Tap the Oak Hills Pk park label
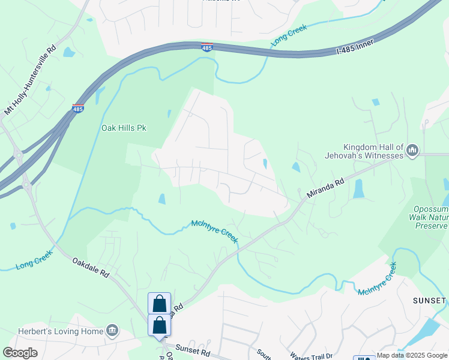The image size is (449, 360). coord(124,128)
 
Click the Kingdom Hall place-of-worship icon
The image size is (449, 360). coord(412,150)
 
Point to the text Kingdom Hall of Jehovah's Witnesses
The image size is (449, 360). coord(373,151)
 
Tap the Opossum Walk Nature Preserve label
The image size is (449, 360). coord(429,217)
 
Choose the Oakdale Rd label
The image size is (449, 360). coord(91,267)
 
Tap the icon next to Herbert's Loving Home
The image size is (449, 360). coord(112,330)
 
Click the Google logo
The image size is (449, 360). coord(20,353)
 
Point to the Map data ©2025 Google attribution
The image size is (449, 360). coord(412,355)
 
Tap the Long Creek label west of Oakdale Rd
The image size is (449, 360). coord(34,259)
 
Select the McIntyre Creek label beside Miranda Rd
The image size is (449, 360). coord(215,232)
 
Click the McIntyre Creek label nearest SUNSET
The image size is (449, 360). coord(377,279)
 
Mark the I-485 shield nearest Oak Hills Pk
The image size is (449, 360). coord(78,109)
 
